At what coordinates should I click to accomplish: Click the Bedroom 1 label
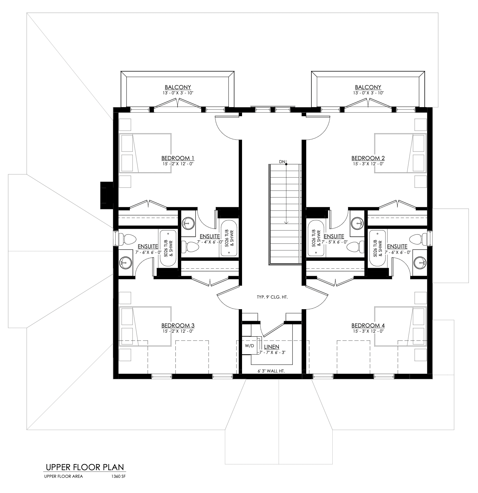pyautogui.click(x=178, y=158)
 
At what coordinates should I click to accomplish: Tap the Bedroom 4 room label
pyautogui.click(x=368, y=325)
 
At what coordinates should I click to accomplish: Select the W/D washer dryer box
pyautogui.click(x=250, y=346)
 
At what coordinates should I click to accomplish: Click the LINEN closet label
pyautogui.click(x=272, y=347)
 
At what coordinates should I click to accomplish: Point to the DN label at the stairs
pyautogui.click(x=282, y=162)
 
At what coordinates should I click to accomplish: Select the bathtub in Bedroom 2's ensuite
pyautogui.click(x=316, y=238)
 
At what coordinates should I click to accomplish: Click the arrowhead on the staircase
pyautogui.click(x=286, y=222)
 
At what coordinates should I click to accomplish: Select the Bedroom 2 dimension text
pyautogui.click(x=368, y=164)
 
